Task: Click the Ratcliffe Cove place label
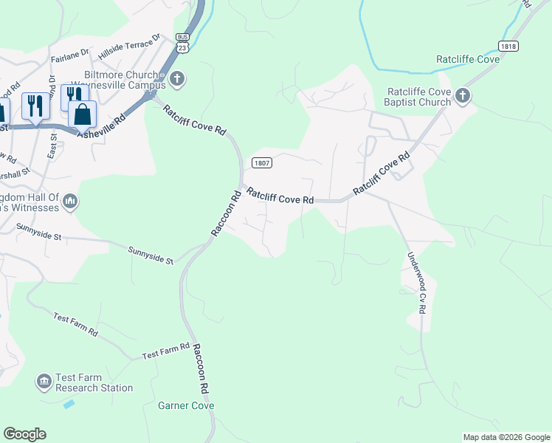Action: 468,59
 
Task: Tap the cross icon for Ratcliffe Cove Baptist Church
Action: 463,95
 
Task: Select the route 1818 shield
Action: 508,46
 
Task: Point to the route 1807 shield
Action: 261,162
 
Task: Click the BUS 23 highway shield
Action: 182,42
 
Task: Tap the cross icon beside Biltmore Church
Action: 177,78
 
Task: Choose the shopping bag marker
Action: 82,114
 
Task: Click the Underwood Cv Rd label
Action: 415,283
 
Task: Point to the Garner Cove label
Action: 186,405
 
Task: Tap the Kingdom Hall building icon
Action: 71,202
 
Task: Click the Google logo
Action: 24,434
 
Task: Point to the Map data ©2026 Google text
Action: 506,437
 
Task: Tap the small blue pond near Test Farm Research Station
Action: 69,405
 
